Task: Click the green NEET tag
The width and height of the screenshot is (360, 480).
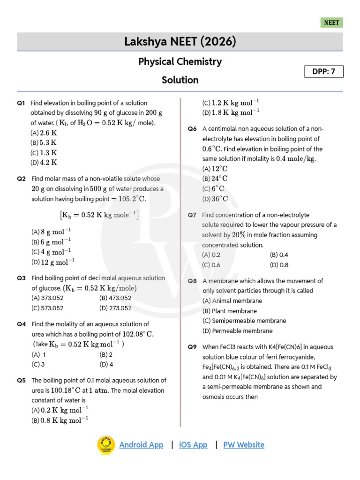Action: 332,22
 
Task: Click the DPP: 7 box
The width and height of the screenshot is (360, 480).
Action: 324,71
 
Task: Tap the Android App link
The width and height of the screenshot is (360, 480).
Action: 141,445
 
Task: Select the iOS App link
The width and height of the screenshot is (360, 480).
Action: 193,445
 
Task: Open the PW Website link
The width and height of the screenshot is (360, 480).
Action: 243,445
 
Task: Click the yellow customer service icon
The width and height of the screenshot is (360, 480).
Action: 106,445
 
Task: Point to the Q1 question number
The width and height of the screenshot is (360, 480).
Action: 21,103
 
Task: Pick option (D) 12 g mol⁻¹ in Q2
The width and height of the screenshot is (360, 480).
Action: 53,262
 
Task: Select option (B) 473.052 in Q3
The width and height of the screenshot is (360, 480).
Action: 115,298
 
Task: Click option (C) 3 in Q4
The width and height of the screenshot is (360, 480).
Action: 38,364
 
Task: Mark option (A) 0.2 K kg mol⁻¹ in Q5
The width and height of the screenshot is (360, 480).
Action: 60,410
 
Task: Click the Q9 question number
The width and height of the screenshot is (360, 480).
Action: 192,347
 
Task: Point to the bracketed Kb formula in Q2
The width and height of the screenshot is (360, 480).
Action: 99,215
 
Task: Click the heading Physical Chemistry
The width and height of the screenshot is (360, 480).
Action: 180,61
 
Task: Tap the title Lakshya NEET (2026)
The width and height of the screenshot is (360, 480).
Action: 180,42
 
